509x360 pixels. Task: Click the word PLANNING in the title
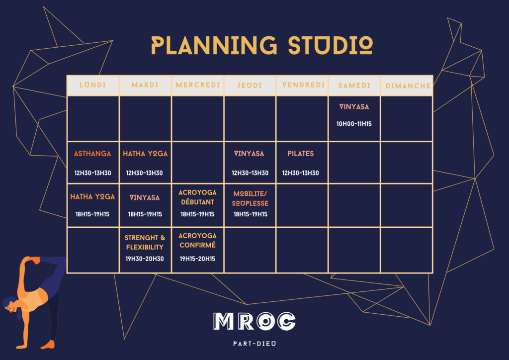[x=214, y=45]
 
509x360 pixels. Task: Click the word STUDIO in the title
[x=331, y=45]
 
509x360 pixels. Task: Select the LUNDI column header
[x=93, y=85]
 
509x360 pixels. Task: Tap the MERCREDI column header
[x=198, y=85]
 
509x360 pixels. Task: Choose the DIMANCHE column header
[x=408, y=86]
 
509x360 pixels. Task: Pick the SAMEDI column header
[x=354, y=86]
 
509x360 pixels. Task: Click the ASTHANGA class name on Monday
[x=92, y=154]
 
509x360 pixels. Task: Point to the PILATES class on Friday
[x=301, y=154]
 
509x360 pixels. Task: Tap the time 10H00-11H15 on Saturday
[x=354, y=124]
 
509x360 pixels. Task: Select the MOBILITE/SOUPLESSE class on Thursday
[x=251, y=198]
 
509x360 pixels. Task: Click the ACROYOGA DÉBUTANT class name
[x=197, y=197]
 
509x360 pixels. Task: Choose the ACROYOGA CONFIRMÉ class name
[x=197, y=240]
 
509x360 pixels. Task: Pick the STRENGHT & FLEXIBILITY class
[x=145, y=242]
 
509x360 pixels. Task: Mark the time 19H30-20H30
[x=145, y=259]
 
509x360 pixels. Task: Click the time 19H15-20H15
[x=197, y=259]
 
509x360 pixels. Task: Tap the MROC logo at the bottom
[x=254, y=321]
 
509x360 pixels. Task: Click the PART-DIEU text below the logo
[x=254, y=344]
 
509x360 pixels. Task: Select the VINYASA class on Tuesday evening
[x=145, y=197]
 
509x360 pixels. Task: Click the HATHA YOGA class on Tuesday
[x=145, y=154]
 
